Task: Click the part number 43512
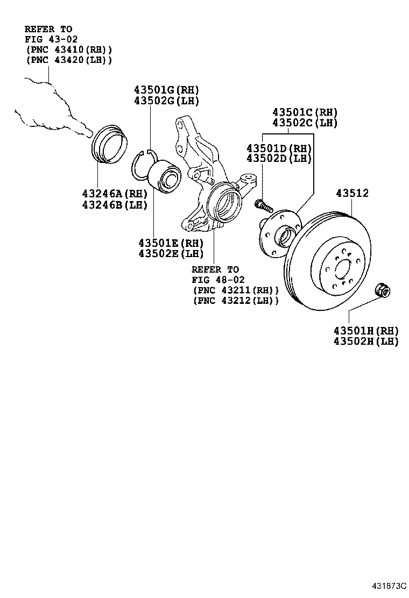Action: point(352,193)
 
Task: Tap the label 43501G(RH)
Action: point(166,90)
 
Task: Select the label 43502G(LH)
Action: point(166,101)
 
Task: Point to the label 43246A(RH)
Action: point(115,194)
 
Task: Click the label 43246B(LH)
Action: point(115,205)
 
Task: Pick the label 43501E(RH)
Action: point(171,243)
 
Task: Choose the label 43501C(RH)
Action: point(305,112)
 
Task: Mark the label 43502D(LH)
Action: point(279,159)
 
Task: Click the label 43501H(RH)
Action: point(366,330)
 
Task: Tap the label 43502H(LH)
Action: point(366,341)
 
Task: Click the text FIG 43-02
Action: point(51,39)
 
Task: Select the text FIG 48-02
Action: point(218,280)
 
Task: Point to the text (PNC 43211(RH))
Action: point(236,290)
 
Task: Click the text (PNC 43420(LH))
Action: point(69,60)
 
